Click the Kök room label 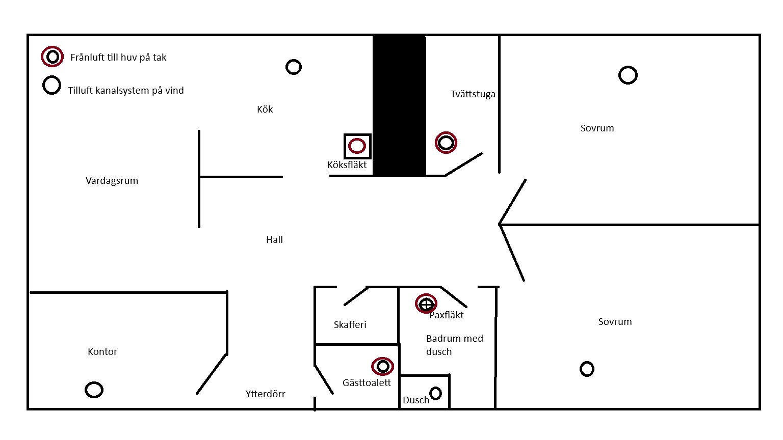[265, 109]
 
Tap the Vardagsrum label [112, 181]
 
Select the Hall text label [274, 240]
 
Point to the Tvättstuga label [473, 94]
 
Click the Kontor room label [102, 352]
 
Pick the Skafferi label [350, 325]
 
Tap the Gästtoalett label [367, 383]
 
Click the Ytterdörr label [265, 394]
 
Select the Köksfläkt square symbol [357, 146]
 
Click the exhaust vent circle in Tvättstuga [446, 143]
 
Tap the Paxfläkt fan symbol [426, 304]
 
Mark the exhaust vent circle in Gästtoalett [382, 366]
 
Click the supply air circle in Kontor [94, 390]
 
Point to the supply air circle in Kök [294, 67]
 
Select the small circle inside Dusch [435, 393]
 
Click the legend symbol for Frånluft [52, 57]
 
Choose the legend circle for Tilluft [51, 86]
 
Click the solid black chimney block [399, 106]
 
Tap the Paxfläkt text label [447, 315]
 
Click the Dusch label [416, 400]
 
